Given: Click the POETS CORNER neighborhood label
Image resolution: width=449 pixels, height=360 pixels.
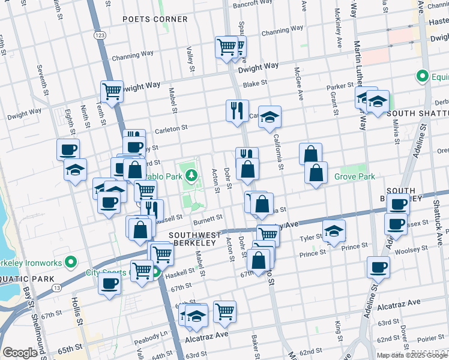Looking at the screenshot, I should pyautogui.click(x=155, y=19).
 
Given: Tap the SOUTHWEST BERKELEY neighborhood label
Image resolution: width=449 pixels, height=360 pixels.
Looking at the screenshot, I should pyautogui.click(x=192, y=239).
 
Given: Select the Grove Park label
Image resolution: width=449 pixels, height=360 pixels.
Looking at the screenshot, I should pyautogui.click(x=354, y=176).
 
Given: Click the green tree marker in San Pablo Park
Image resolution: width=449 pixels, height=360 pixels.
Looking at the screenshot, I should pyautogui.click(x=191, y=175).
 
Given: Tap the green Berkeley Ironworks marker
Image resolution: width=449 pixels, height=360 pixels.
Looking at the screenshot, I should pyautogui.click(x=71, y=262).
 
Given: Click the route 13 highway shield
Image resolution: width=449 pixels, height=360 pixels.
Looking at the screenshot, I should pyautogui.click(x=56, y=288).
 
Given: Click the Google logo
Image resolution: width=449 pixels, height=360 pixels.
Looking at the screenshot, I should pyautogui.click(x=20, y=353).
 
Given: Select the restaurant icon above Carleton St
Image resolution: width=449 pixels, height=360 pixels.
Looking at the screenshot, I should pyautogui.click(x=237, y=110).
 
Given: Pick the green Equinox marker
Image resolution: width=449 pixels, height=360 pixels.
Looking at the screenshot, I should pyautogui.click(x=422, y=77).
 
